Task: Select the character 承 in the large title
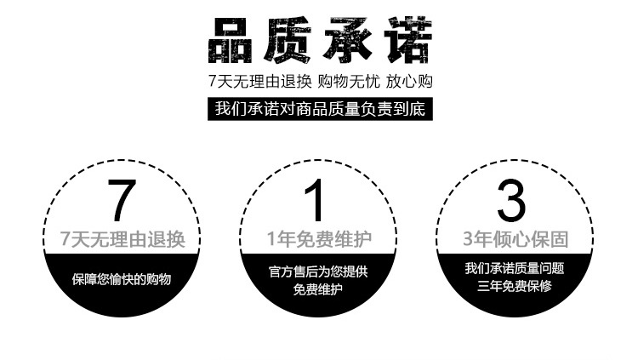point(349,40)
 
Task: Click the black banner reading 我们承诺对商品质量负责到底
point(319,109)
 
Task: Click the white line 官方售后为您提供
point(318,271)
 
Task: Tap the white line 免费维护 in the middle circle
point(318,289)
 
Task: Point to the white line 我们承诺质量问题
point(514,268)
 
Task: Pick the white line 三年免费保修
point(514,286)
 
